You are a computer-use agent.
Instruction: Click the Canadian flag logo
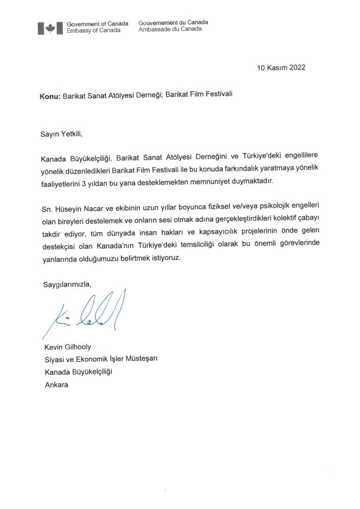[50, 27]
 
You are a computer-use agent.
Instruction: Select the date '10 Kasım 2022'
[281, 68]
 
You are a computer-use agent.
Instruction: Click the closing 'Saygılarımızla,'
[66, 284]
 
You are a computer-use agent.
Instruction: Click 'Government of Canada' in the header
[97, 23]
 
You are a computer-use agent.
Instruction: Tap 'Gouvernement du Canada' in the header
[173, 22]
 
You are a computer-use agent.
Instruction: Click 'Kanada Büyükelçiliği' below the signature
[78, 372]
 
